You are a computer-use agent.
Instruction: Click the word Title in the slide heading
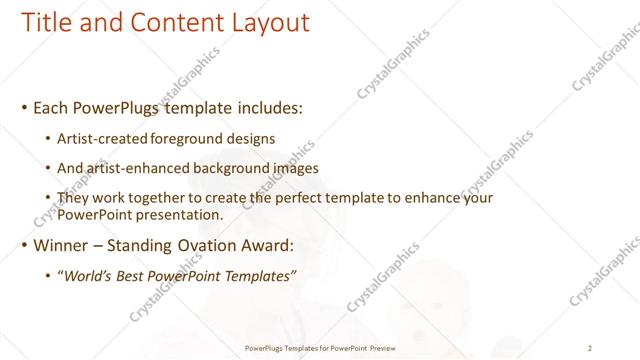[x=46, y=22]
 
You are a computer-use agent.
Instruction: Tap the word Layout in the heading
[x=266, y=22]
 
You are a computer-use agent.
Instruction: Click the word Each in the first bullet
[x=52, y=105]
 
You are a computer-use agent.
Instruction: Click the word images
[x=293, y=168]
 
